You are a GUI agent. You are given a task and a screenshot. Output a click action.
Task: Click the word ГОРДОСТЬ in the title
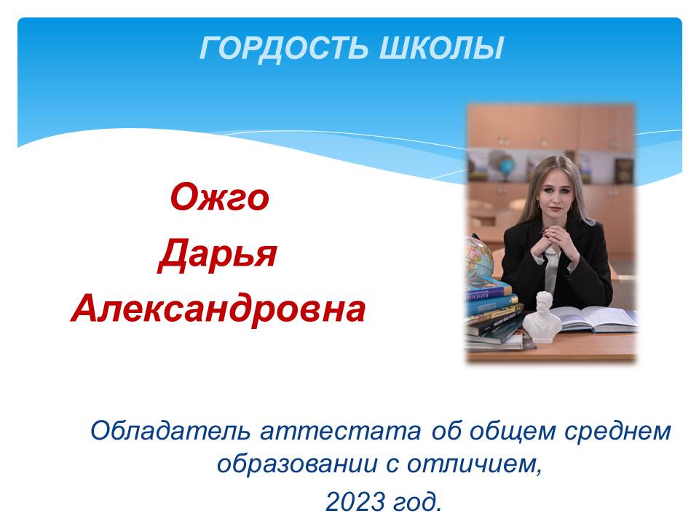coord(283,48)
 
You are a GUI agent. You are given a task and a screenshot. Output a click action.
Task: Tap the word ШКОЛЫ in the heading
coord(441,48)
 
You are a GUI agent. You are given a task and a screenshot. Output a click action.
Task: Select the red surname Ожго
coord(220,196)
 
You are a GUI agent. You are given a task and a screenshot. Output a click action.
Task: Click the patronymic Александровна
coord(218,309)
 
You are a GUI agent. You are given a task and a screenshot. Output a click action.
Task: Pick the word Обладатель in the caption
coord(170,432)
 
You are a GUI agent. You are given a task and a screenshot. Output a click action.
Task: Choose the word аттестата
coord(341,432)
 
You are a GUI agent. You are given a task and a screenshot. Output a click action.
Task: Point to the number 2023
coord(355,501)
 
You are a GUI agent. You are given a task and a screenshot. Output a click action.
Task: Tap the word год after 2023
coord(417,501)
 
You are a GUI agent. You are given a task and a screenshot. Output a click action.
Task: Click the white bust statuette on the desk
coord(542,317)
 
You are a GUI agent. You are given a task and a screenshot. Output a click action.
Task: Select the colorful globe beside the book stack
coord(479,260)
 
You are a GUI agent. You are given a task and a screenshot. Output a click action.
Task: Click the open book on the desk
coord(593,319)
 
